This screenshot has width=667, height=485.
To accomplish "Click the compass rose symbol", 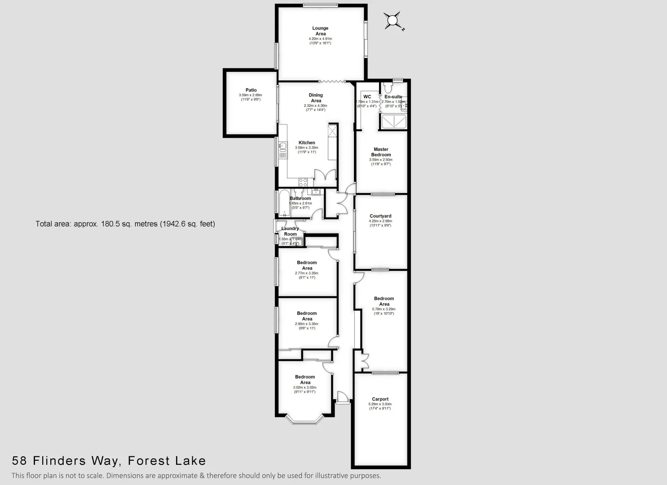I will pos(393,20).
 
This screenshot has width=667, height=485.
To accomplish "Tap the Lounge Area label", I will pos(320,31).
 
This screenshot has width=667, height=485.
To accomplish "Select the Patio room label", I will pos(251,90).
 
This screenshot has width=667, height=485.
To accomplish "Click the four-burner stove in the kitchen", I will pos(303,182).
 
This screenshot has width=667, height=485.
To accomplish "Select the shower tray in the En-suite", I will pos(393,122).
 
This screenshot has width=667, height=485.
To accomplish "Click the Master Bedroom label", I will pos(381,152).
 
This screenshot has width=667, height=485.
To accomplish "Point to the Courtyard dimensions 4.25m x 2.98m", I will pos(380,221).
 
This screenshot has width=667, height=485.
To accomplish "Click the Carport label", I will pos(380,399).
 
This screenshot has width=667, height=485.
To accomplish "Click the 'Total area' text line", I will pos(125,224).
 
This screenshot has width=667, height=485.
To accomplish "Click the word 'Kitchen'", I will pos(307,142).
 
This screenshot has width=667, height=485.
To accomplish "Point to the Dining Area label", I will pos(316,98).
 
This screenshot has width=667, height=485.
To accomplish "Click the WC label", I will pos(367,97).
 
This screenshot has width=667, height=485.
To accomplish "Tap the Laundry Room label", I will pos(290,231).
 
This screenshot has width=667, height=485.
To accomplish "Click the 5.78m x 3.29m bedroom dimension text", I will pos(384,309).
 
